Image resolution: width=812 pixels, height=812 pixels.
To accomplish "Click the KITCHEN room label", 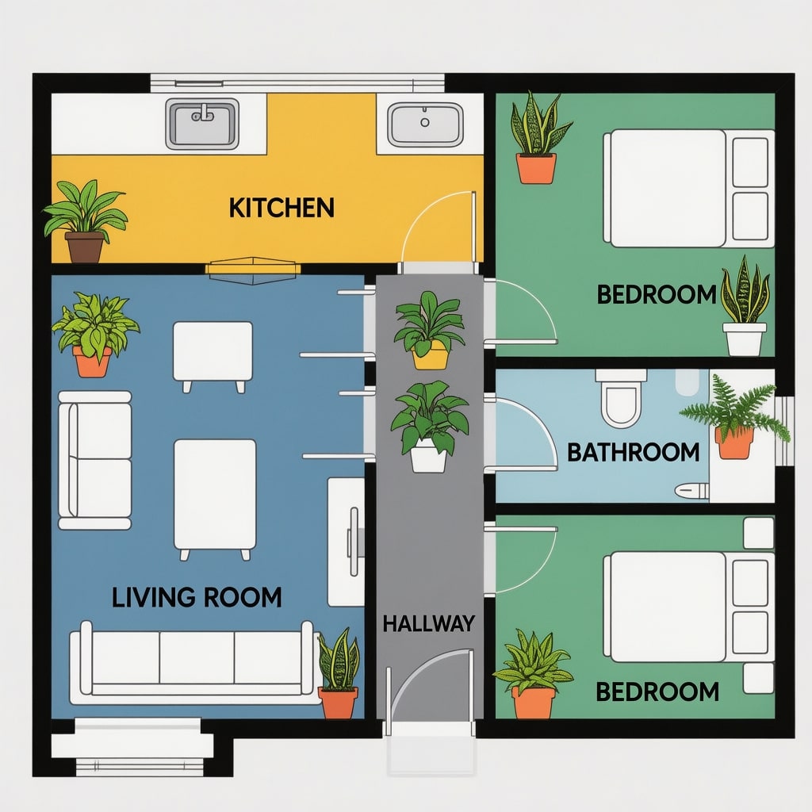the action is [282, 208].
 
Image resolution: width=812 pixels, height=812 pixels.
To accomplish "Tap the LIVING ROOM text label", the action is [197, 597].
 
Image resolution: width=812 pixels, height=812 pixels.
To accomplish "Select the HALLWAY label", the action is [429, 623].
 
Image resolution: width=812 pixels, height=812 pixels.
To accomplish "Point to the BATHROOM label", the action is [634, 452].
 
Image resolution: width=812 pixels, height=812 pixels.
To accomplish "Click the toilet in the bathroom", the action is [620, 396].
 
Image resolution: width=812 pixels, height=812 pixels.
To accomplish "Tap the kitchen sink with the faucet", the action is [202, 123].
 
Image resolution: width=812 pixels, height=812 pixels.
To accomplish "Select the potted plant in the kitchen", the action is [85, 221].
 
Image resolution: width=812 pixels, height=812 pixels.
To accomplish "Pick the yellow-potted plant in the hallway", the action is [429, 330].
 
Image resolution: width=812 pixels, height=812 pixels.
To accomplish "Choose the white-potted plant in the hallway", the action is [429, 427].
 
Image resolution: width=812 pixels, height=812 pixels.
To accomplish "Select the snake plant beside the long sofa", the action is [339, 673].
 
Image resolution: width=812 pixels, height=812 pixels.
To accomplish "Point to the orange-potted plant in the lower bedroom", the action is [534, 674].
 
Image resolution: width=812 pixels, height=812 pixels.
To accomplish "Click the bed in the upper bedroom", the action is [689, 189].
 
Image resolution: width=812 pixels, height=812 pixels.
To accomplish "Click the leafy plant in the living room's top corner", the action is [94, 334].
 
